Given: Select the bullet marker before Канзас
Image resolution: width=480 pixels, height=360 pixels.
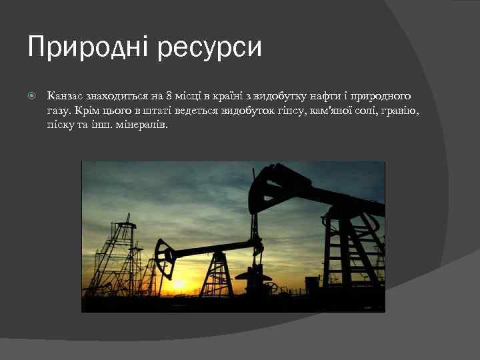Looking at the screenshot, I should [x=31, y=97].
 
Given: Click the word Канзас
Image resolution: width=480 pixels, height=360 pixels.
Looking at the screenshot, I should [x=65, y=97].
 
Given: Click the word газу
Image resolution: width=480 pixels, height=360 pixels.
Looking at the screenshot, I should [x=59, y=110].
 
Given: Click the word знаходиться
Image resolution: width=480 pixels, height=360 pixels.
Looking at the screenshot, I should [x=119, y=97].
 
